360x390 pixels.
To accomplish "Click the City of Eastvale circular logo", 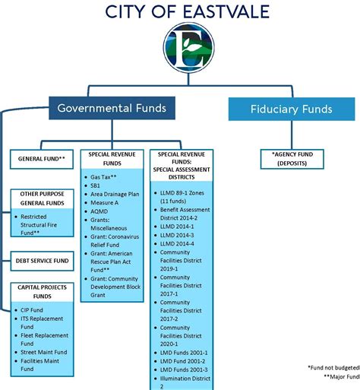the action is click(x=188, y=48).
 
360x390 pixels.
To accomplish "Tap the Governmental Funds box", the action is click(x=112, y=108).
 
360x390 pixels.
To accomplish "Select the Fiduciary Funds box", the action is click(x=292, y=109).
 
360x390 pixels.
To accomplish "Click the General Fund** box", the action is click(x=42, y=159).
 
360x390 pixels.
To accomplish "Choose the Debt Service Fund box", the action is click(x=42, y=261).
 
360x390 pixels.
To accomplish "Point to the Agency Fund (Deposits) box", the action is click(x=292, y=159).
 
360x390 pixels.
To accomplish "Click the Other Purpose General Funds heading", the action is click(x=42, y=198).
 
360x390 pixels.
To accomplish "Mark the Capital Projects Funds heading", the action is click(x=42, y=292).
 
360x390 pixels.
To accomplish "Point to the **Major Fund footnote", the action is click(x=342, y=377).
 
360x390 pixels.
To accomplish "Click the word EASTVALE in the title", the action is click(x=226, y=11).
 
